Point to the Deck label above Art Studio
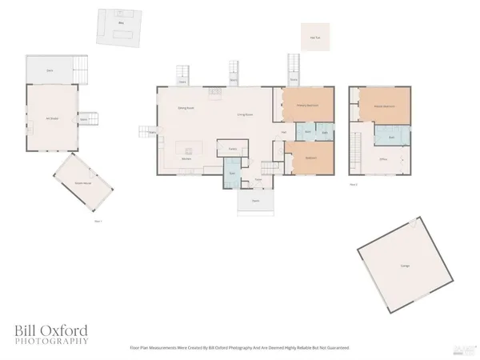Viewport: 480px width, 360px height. (x=50, y=71)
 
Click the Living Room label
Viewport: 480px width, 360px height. (x=245, y=115)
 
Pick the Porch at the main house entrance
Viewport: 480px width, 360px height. (x=255, y=200)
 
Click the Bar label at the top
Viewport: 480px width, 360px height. (x=122, y=24)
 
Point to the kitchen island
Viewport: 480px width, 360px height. (x=189, y=148)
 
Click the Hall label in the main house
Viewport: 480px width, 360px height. (x=284, y=132)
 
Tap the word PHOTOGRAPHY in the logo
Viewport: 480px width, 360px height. (x=50, y=342)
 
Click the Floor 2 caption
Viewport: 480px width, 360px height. (x=353, y=184)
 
